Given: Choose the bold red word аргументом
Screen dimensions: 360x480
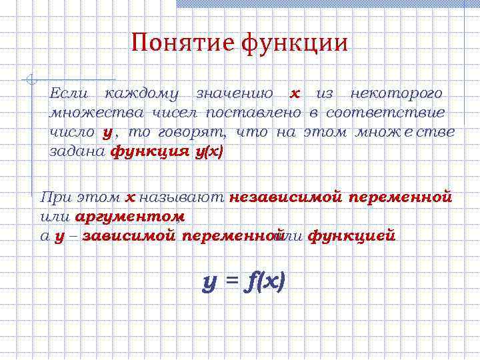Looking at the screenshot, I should [x=130, y=217].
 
